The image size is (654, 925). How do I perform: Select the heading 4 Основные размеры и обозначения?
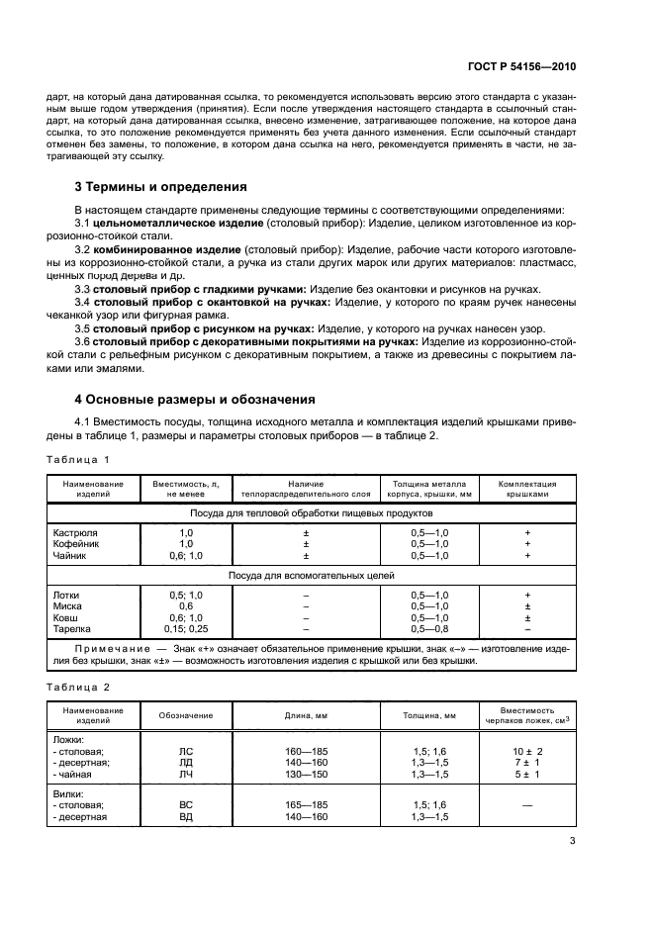[195, 401]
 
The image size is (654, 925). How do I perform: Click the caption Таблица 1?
[78, 460]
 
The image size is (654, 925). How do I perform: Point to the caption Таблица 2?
[78, 686]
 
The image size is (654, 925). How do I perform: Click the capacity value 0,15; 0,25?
[186, 628]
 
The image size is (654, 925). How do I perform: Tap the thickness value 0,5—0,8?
[429, 628]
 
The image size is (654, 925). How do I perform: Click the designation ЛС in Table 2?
[186, 751]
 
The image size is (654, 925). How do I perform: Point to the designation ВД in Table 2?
[186, 817]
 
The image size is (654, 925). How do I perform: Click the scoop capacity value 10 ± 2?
[528, 751]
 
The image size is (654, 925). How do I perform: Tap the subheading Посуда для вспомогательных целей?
[312, 575]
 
